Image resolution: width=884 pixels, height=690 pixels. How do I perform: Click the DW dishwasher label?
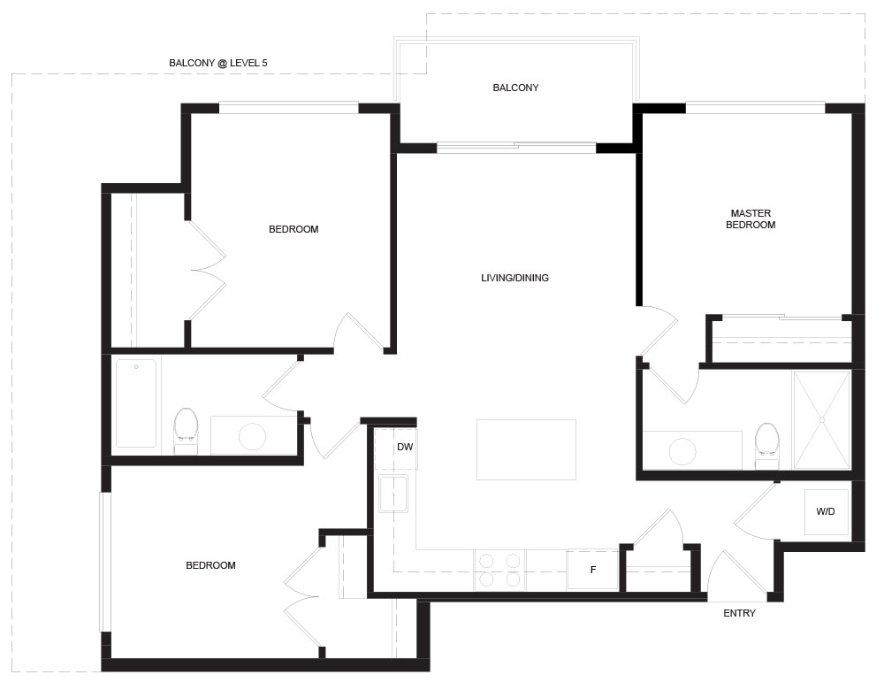pyautogui.click(x=405, y=447)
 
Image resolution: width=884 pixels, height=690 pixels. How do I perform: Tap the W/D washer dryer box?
pyautogui.click(x=826, y=511)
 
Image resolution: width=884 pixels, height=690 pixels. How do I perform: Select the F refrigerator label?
pyautogui.click(x=593, y=570)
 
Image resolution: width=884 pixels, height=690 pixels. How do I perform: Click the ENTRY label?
pyautogui.click(x=739, y=613)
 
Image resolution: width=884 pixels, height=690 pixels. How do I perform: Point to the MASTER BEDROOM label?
pyautogui.click(x=751, y=218)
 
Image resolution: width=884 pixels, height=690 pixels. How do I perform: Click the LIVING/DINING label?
pyautogui.click(x=514, y=278)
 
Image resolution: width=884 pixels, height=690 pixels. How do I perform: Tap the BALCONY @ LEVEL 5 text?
pyautogui.click(x=218, y=63)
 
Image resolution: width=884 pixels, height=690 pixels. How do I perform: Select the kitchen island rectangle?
pyautogui.click(x=526, y=449)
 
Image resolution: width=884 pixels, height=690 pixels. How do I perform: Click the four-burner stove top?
pyautogui.click(x=499, y=570)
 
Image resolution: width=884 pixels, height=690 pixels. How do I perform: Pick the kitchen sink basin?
pyautogui.click(x=393, y=494)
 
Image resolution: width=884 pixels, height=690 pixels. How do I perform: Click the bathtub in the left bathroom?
pyautogui.click(x=136, y=403)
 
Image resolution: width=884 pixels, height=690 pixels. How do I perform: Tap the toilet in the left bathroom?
pyautogui.click(x=186, y=431)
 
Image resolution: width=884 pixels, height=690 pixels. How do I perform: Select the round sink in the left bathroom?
pyautogui.click(x=252, y=436)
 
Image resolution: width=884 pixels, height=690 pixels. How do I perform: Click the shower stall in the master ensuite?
pyautogui.click(x=821, y=420)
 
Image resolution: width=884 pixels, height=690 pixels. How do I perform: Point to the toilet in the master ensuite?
pyautogui.click(x=766, y=445)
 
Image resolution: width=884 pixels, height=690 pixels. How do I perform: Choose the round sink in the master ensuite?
pyautogui.click(x=682, y=451)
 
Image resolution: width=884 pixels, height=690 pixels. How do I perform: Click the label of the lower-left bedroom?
pyautogui.click(x=211, y=565)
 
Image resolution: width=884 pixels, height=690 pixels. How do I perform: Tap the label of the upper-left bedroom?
pyautogui.click(x=293, y=229)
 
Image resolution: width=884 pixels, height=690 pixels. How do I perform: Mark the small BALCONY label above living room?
pyautogui.click(x=516, y=88)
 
